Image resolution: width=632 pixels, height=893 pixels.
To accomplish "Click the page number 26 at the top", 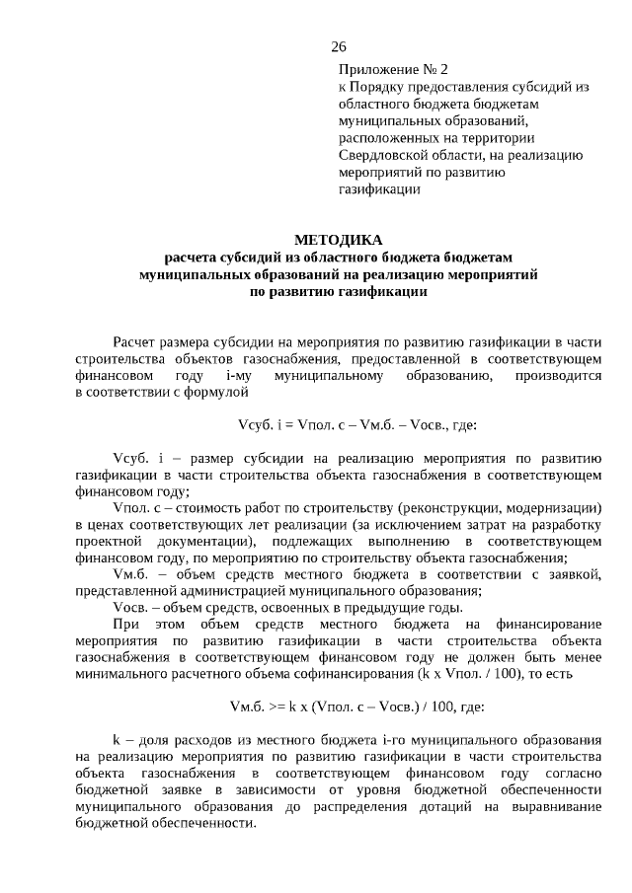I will (338, 46).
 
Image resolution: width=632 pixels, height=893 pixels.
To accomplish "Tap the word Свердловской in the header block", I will (380, 155).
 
